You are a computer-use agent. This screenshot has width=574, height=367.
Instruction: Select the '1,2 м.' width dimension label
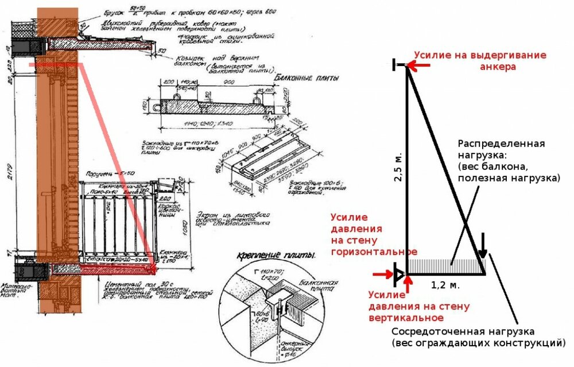click(445, 284)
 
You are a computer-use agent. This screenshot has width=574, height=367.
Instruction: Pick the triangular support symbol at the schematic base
click(398, 273)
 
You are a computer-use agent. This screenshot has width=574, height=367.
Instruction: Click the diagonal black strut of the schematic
click(445, 167)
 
